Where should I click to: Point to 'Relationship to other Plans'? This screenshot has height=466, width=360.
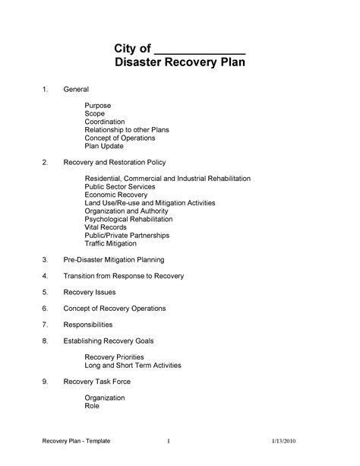click(x=127, y=129)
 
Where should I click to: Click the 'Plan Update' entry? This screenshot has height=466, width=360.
click(x=103, y=146)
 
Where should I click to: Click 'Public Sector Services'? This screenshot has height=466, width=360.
click(x=120, y=186)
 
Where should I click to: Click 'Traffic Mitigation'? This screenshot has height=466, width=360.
click(x=111, y=243)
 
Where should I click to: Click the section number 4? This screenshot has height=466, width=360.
click(x=46, y=276)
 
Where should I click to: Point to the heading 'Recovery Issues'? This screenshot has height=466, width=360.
click(x=90, y=292)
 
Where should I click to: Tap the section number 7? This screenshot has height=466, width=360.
click(x=46, y=325)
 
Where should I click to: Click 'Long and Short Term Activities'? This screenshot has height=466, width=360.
click(x=133, y=365)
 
